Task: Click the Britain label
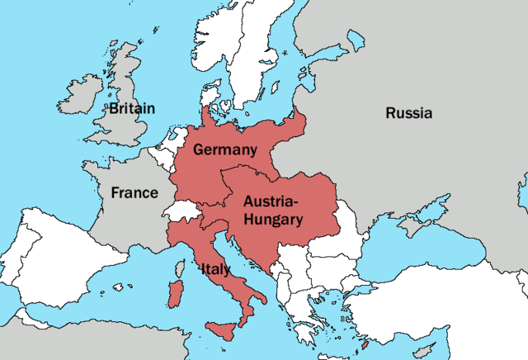coord(132,108)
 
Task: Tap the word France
coord(134,192)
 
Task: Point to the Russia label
coord(408,113)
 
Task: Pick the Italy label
coord(214,268)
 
